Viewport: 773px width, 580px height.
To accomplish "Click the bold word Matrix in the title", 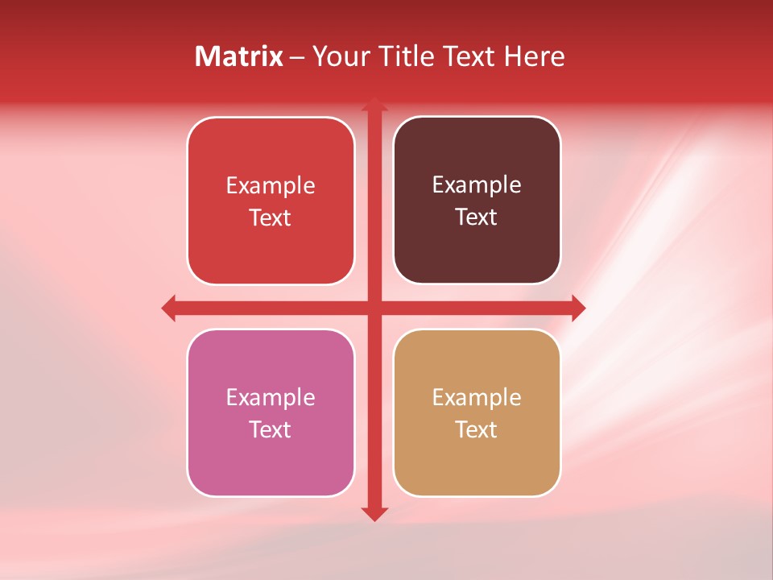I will click(x=239, y=56).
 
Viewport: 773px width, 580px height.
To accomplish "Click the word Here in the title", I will click(x=534, y=56).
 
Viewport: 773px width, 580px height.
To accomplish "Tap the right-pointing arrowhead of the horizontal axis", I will click(x=577, y=308).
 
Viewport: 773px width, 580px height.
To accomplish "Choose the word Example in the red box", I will click(x=271, y=186).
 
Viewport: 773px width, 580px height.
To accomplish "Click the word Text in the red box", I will click(x=271, y=217).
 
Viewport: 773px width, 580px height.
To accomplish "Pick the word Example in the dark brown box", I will click(x=477, y=185).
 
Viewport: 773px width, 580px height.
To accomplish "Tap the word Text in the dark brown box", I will click(x=477, y=217).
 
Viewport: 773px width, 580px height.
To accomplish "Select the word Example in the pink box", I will click(x=271, y=398).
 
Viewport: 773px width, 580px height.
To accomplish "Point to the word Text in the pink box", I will click(x=271, y=429).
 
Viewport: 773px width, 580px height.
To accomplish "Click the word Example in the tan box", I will click(x=477, y=398).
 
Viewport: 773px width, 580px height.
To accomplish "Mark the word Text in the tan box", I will click(x=477, y=429).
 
